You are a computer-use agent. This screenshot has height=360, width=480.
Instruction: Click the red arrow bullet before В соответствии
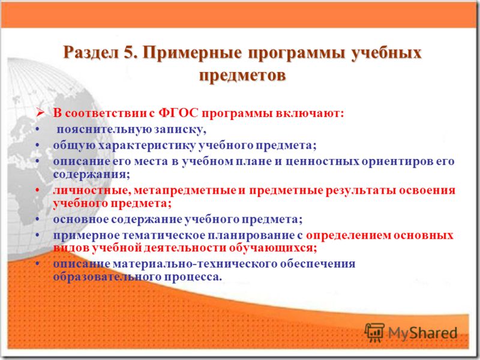tap(40, 113)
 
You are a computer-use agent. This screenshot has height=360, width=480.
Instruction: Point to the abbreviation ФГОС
tap(178, 113)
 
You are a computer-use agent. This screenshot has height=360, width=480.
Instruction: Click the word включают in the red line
tap(310, 113)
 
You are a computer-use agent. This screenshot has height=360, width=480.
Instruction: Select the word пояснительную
tap(104, 130)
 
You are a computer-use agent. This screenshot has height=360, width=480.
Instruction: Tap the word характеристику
tap(146, 145)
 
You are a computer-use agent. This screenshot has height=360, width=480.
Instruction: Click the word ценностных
tap(322, 161)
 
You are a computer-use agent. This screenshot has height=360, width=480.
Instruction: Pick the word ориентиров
tap(397, 161)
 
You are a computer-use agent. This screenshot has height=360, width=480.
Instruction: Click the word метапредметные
tap(185, 190)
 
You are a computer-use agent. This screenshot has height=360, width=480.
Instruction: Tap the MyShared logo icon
tap(374, 332)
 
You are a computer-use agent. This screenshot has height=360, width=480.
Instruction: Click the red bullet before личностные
tap(37, 190)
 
